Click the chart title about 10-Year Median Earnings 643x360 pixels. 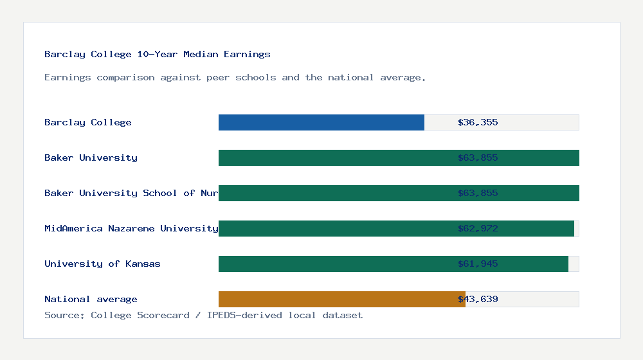[158, 55]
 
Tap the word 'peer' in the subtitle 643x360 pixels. [215, 78]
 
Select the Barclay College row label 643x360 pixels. [88, 122]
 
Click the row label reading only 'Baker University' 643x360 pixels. [91, 157]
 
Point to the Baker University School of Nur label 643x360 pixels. [131, 193]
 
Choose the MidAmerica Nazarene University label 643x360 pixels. [131, 228]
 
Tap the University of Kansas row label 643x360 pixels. [102, 264]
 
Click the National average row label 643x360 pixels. [91, 299]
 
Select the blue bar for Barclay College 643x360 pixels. [321, 122]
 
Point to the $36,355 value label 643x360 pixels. [478, 122]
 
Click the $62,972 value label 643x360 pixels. [478, 228]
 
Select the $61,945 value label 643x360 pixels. [478, 264]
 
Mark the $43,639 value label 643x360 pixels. [478, 299]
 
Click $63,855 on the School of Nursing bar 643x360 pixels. [478, 193]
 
